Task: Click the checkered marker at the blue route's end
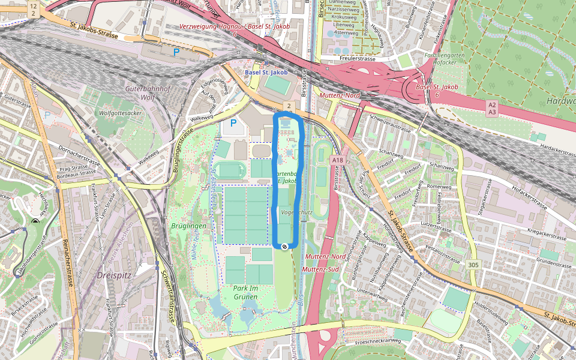[x=284, y=246]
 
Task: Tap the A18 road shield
[x=337, y=160]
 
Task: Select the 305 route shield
[x=473, y=265]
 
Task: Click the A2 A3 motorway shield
[x=492, y=108]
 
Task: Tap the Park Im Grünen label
[x=245, y=292]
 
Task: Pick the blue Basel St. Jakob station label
[x=266, y=73]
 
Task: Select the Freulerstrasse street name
[x=358, y=59]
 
